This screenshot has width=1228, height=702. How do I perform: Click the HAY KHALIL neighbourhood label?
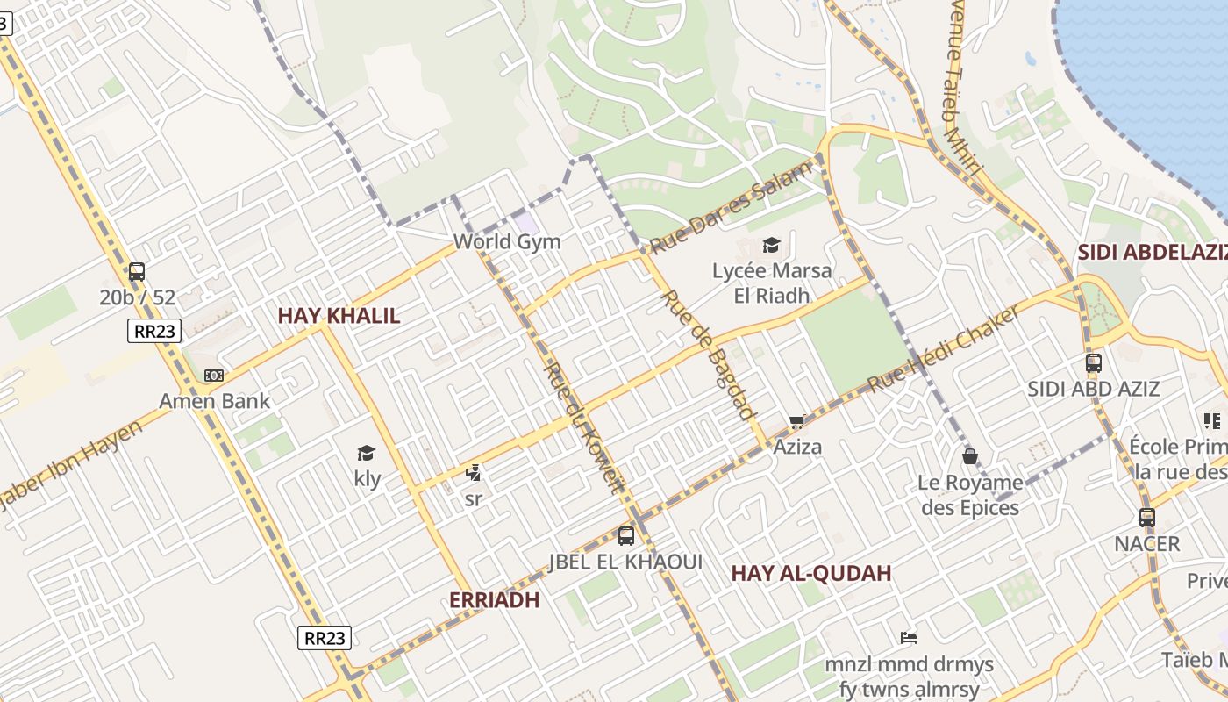(339, 316)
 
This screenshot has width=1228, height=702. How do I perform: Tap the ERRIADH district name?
(494, 600)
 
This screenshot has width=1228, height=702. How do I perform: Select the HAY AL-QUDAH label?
(811, 574)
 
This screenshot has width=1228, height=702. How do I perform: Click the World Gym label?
(507, 241)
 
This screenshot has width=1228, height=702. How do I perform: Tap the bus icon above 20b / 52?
(136, 272)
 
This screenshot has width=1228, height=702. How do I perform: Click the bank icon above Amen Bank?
(214, 376)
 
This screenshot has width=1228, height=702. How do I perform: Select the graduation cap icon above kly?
(367, 453)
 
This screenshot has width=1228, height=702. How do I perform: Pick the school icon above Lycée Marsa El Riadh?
(771, 245)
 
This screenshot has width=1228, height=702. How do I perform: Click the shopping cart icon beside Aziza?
(796, 422)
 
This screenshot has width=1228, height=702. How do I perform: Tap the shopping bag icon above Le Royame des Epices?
(970, 456)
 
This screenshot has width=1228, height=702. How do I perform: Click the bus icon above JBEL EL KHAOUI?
(625, 535)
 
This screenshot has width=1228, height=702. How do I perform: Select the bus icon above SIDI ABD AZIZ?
(1093, 362)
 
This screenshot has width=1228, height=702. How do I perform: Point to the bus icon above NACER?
(1146, 518)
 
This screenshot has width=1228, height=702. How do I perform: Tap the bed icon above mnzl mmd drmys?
(909, 638)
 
